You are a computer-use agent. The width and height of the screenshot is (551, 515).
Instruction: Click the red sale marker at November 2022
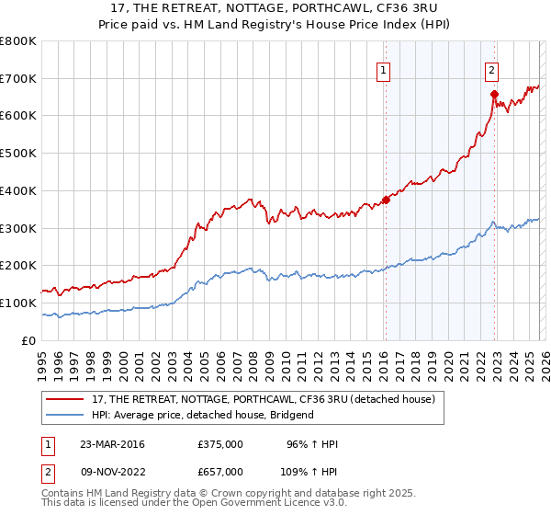[494, 94]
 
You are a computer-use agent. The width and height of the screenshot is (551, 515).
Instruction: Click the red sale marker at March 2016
[386, 200]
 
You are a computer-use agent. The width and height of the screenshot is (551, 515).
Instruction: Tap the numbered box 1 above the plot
[383, 68]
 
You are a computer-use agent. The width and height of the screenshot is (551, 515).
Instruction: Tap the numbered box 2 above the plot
[492, 68]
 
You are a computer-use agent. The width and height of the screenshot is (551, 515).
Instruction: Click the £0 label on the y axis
[29, 340]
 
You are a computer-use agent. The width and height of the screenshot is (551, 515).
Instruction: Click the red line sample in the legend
[66, 398]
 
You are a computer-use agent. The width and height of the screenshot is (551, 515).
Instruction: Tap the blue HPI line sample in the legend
[66, 415]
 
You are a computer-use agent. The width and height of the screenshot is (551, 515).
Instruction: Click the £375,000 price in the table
[220, 444]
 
